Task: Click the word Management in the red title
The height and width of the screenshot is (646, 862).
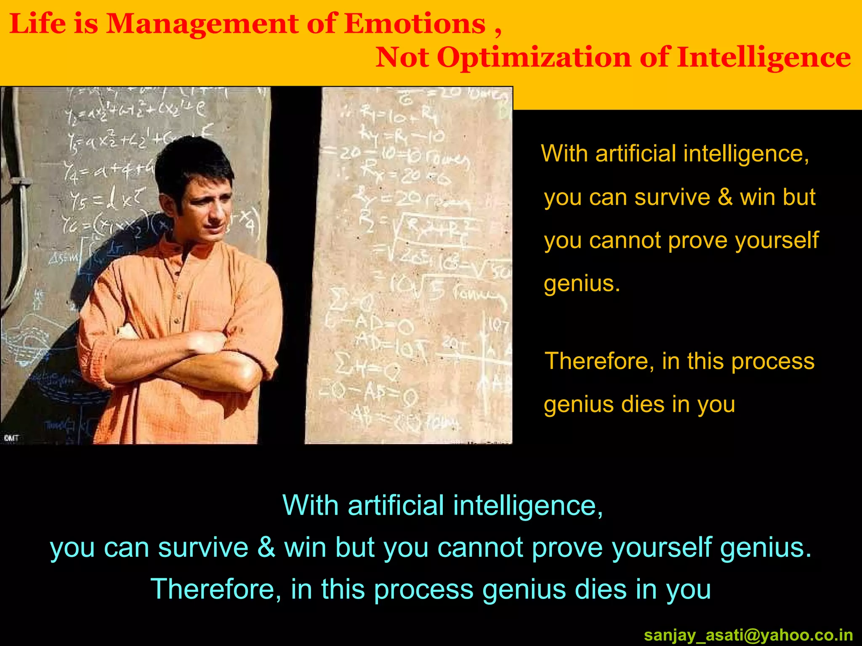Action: coord(201,24)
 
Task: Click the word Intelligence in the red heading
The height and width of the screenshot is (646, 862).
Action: coord(764,58)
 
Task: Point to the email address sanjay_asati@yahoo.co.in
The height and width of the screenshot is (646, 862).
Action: coord(748,635)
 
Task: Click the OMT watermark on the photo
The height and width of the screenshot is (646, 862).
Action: coord(11,438)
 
